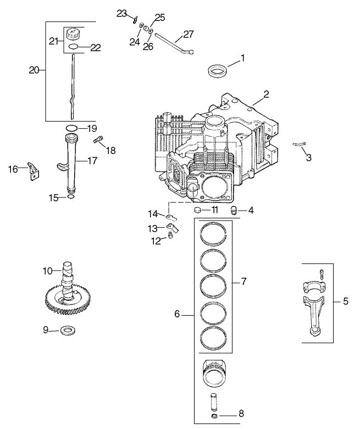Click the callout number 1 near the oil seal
point(242,57)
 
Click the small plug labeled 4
point(235,209)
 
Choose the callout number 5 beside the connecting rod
point(345,301)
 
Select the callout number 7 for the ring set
point(243,281)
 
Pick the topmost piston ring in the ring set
point(214,234)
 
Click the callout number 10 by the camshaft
point(48,270)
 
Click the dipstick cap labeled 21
point(73,35)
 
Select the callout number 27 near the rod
point(189,34)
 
